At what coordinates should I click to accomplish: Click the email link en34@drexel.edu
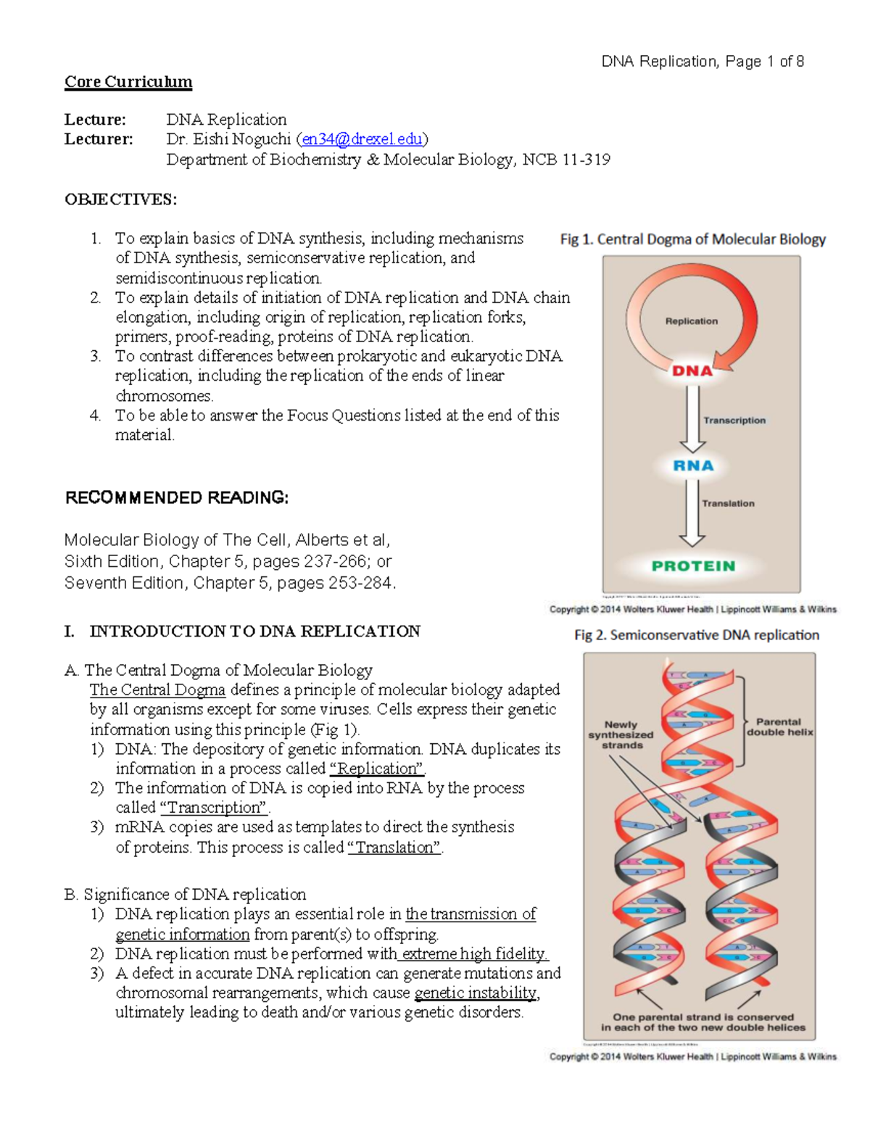click(362, 139)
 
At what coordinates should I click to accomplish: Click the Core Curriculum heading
click(128, 82)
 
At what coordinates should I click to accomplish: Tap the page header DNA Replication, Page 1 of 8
click(702, 62)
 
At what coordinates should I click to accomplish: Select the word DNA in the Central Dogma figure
click(692, 371)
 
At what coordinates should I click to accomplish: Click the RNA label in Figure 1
click(693, 466)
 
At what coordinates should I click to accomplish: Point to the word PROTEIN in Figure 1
click(693, 566)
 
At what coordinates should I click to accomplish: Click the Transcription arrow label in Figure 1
click(734, 421)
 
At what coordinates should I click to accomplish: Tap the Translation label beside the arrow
click(728, 503)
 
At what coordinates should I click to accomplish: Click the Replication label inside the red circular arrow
click(692, 321)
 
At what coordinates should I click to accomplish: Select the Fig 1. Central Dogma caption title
click(692, 239)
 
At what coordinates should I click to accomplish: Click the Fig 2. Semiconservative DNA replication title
click(696, 635)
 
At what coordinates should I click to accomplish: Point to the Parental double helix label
click(779, 727)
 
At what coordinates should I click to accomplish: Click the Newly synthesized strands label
click(621, 734)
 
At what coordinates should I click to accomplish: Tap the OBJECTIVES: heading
click(120, 199)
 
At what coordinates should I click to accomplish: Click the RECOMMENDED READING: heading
click(177, 498)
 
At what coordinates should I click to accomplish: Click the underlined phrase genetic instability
click(476, 993)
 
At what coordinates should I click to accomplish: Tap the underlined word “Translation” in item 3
click(394, 848)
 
